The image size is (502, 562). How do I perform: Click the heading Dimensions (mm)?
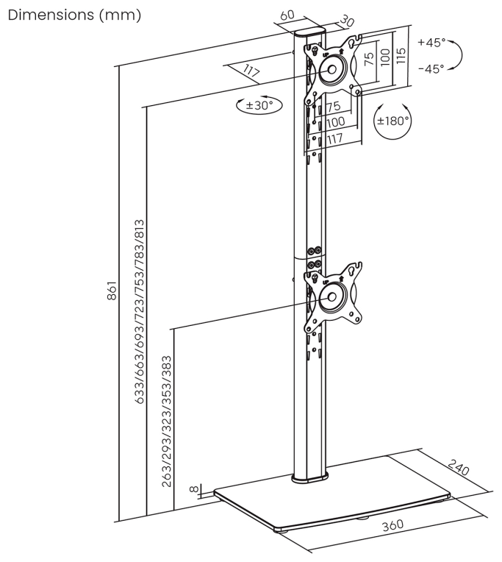[74, 15]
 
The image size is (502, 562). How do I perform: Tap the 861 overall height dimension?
[112, 291]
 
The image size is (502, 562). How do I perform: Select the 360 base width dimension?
[392, 525]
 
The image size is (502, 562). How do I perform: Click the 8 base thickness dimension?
[193, 489]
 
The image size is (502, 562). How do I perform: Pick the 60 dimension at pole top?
[287, 15]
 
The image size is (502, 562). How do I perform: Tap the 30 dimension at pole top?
[346, 21]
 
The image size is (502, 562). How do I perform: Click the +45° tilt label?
[431, 43]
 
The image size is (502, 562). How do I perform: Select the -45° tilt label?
[431, 68]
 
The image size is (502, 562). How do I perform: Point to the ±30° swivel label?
[259, 105]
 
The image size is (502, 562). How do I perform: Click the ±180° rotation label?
[392, 121]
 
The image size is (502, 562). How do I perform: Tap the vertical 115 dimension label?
[401, 56]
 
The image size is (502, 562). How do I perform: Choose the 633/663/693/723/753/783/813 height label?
[140, 312]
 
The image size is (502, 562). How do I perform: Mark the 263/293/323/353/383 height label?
[167, 421]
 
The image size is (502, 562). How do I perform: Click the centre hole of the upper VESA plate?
[332, 69]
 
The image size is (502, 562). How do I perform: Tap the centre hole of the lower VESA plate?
[331, 296]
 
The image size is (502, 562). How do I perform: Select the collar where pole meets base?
[310, 477]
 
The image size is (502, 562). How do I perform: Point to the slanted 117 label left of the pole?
[251, 71]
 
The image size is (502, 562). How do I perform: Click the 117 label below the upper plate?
[334, 139]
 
